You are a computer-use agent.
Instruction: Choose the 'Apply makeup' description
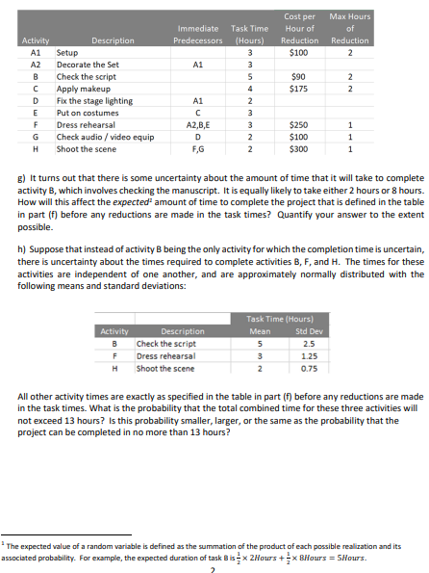pos(83,88)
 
